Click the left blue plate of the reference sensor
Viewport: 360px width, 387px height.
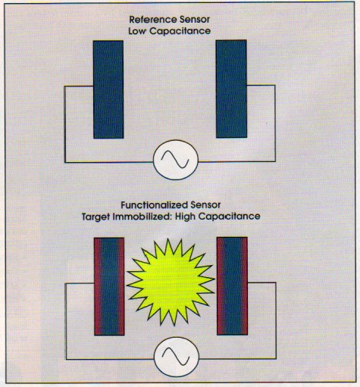pyautogui.click(x=108, y=89)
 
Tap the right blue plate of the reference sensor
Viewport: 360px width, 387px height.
pyautogui.click(x=231, y=89)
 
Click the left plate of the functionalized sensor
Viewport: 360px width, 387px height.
pyautogui.click(x=108, y=286)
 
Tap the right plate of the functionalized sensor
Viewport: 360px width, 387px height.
pyautogui.click(x=232, y=286)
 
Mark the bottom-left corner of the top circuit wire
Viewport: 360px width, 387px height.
pyautogui.click(x=64, y=161)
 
